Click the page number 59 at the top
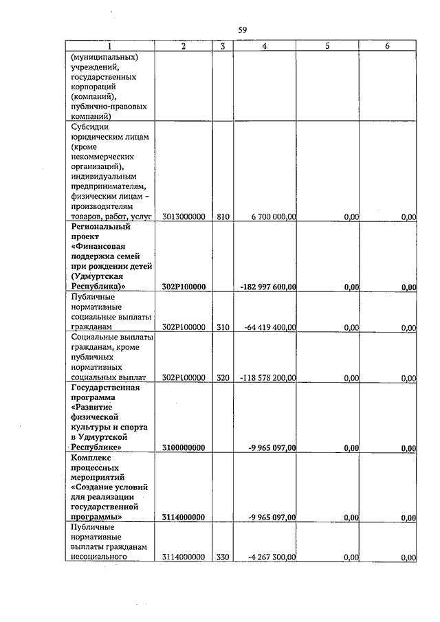(243, 30)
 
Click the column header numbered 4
(265, 46)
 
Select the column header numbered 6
(388, 46)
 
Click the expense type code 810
(223, 216)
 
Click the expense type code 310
(223, 328)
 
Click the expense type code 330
(223, 557)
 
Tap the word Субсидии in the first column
(90, 126)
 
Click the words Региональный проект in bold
(100, 231)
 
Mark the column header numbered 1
(109, 46)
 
